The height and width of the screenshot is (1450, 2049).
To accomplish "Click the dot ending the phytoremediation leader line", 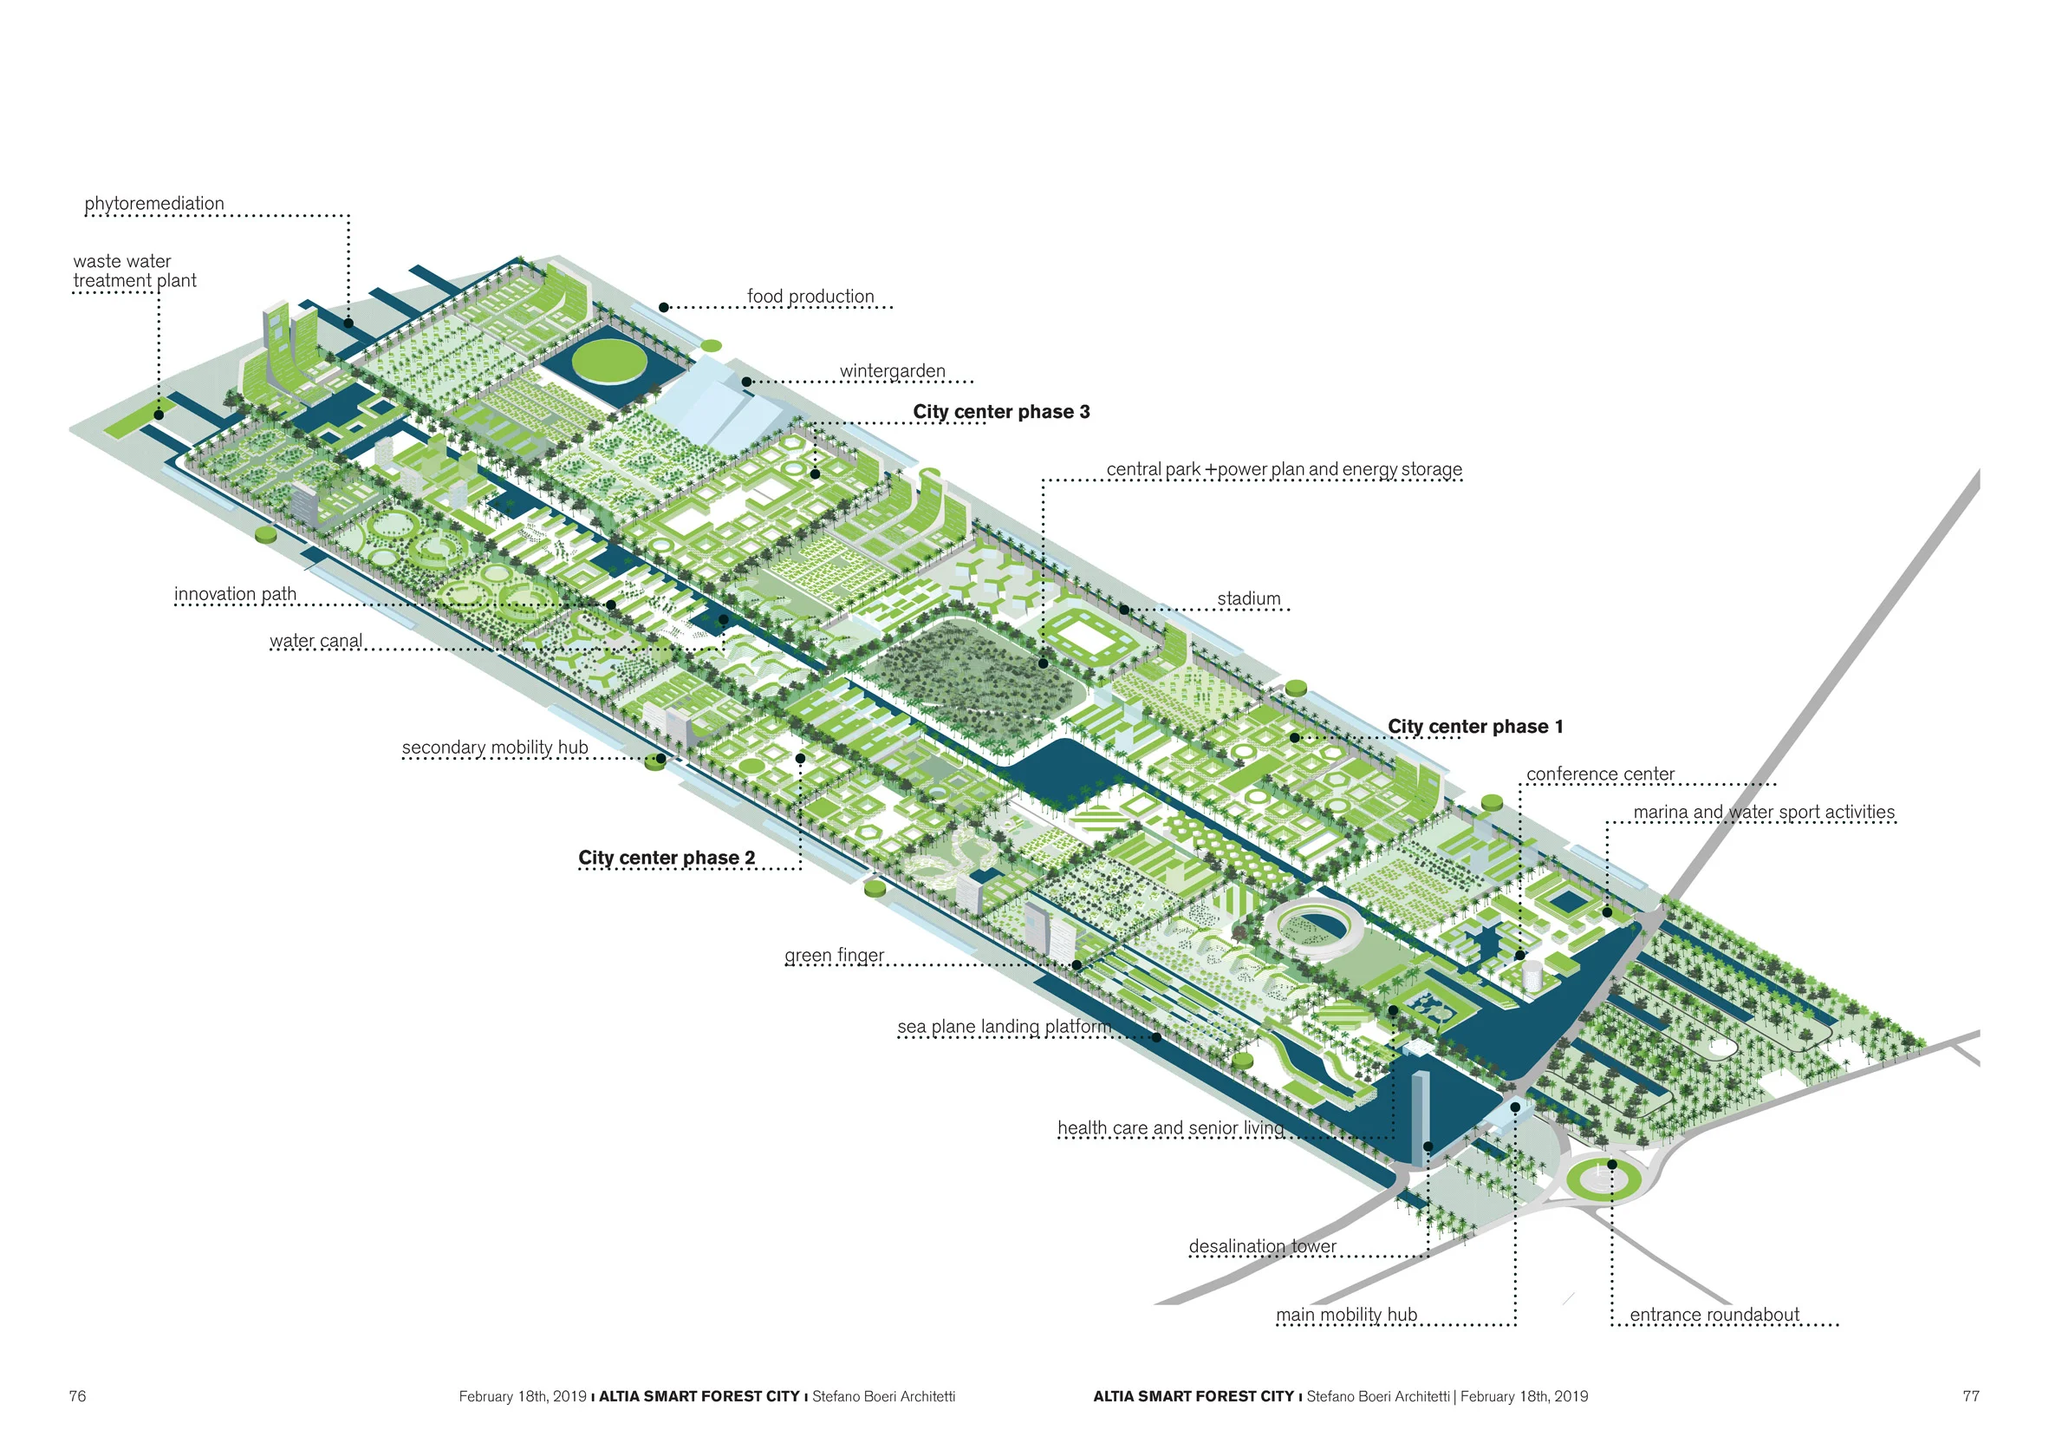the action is pyautogui.click(x=348, y=323).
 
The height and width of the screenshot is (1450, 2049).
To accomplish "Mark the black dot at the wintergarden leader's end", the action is pyautogui.click(x=746, y=382).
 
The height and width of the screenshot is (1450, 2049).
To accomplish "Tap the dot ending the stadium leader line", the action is pyautogui.click(x=1124, y=610).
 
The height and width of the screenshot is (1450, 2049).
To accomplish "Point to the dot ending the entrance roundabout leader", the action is pyautogui.click(x=1611, y=1165).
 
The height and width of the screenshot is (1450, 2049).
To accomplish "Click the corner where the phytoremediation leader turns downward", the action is pyautogui.click(x=348, y=215).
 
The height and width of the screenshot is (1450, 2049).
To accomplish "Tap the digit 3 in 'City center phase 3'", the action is pyautogui.click(x=1084, y=412).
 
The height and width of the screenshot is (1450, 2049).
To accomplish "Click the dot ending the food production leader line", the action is pyautogui.click(x=664, y=307).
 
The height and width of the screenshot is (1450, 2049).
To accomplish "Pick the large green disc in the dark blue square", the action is pyautogui.click(x=609, y=362).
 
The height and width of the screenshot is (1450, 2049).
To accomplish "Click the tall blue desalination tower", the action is pyautogui.click(x=1420, y=1117).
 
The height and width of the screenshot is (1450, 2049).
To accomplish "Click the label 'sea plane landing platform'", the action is pyautogui.click(x=1005, y=1027).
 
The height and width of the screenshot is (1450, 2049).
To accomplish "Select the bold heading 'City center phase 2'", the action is pyautogui.click(x=667, y=858).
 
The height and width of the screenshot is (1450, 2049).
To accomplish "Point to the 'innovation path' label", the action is pyautogui.click(x=235, y=594).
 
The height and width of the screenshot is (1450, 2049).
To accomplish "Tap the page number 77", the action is pyautogui.click(x=1971, y=1396).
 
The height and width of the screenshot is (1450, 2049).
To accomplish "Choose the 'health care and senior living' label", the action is pyautogui.click(x=1171, y=1127).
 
